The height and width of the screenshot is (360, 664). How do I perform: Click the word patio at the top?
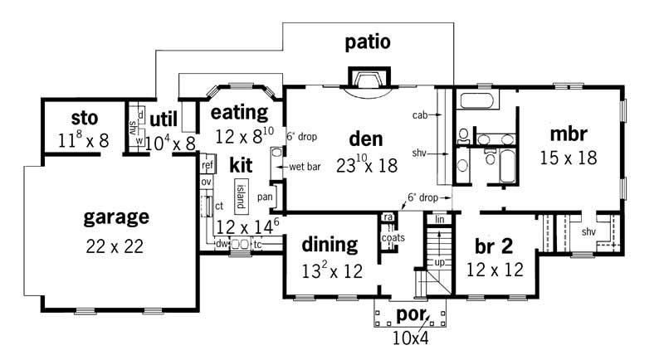point(368,42)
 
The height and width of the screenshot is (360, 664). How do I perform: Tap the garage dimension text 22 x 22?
point(116,246)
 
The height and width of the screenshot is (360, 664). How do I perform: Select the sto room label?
point(83,116)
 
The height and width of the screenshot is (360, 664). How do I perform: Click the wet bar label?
point(305,168)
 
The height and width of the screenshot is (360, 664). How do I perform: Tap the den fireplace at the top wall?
point(364,80)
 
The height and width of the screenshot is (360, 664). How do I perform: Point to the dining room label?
point(329,245)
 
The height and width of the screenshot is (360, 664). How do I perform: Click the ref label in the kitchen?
point(207,165)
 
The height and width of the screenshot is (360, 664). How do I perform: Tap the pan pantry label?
point(266,197)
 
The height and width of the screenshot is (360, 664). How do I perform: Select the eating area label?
point(239,112)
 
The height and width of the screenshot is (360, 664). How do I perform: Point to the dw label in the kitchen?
point(222,244)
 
